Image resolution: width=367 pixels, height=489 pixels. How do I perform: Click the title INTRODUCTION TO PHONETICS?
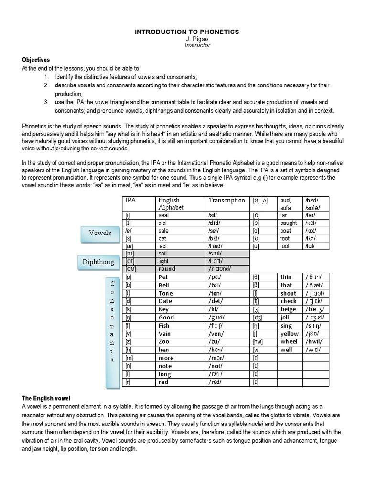187,32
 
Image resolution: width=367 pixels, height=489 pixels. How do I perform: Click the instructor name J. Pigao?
187,39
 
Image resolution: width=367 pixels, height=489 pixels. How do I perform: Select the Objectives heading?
36,60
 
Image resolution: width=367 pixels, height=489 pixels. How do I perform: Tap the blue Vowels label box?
100,233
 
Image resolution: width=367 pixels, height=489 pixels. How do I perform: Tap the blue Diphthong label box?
98,262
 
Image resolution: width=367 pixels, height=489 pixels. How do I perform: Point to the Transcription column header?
227,201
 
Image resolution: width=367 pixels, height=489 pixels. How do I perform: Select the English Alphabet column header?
169,204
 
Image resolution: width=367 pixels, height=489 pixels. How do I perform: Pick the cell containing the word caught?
288,223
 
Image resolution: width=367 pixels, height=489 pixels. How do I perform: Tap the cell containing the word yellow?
289,333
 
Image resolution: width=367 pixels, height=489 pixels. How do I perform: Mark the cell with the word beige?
288,309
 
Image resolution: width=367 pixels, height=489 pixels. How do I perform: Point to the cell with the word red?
163,383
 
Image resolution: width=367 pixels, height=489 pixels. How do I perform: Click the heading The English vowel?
47,398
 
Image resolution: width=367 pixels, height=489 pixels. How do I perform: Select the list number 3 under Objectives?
46,103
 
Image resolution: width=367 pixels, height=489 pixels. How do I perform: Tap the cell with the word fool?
285,246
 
